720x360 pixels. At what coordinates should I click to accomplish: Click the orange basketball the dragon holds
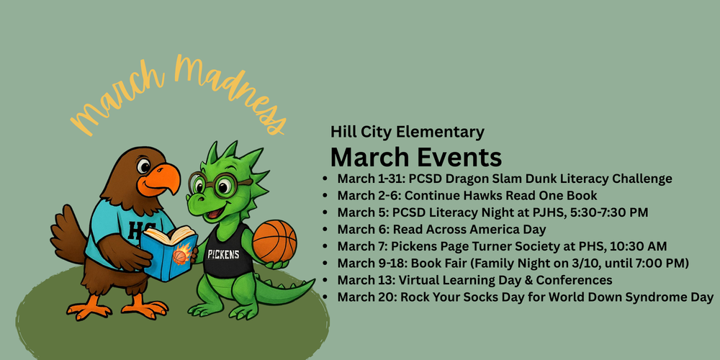point(274,241)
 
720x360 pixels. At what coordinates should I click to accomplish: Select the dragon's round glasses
point(217,184)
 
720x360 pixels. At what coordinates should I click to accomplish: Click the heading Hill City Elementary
point(407,132)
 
